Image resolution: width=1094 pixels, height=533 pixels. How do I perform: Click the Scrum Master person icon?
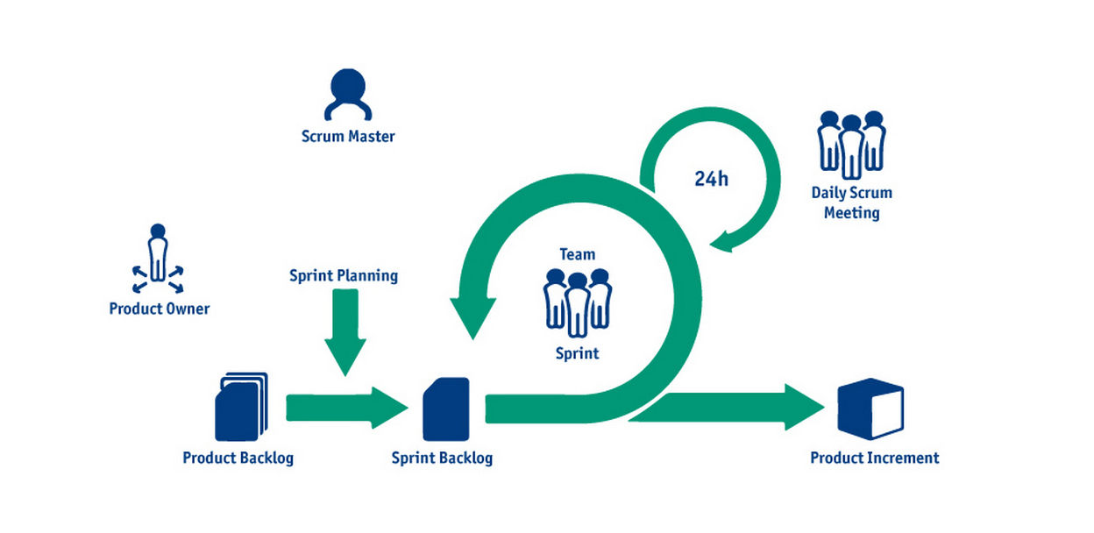[348, 95]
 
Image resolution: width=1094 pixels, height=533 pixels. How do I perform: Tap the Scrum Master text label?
[348, 137]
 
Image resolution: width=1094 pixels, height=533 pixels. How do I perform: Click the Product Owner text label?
[160, 309]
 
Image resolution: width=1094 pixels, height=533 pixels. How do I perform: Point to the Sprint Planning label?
[344, 276]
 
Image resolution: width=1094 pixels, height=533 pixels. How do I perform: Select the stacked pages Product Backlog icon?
[240, 408]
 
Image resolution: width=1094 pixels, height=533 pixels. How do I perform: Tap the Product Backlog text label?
[238, 458]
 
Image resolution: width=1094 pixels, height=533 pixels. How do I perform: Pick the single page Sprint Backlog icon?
[445, 409]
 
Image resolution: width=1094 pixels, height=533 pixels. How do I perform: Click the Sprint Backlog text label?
[442, 458]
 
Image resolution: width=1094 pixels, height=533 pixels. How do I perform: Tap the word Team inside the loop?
[578, 255]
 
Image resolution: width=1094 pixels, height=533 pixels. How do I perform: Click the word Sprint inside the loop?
[578, 354]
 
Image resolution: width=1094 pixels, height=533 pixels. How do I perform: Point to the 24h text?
[711, 179]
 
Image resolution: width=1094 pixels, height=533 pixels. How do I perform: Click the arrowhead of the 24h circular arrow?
[722, 239]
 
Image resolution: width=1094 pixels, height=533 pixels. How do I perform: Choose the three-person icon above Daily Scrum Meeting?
[851, 144]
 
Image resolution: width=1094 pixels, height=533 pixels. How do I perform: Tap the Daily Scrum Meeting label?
[851, 203]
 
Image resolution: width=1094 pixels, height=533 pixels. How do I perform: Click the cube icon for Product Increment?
[870, 409]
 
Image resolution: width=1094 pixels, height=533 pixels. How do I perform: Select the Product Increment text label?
[874, 458]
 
